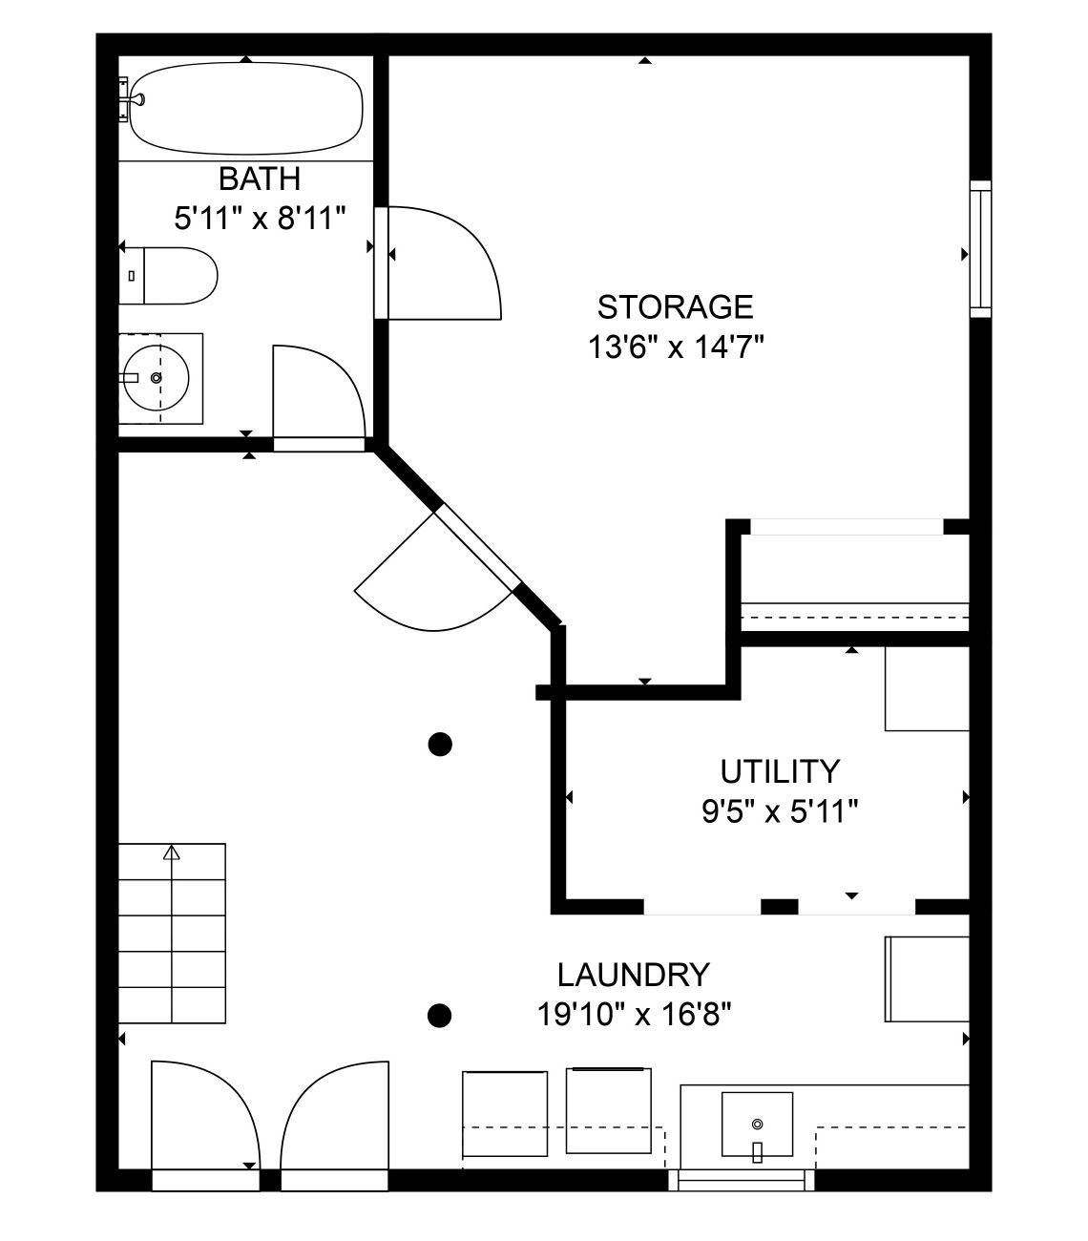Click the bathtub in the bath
click(245, 109)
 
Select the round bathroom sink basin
click(157, 378)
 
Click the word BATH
click(260, 179)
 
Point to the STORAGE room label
click(675, 306)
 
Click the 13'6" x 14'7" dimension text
click(676, 347)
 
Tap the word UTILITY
click(779, 771)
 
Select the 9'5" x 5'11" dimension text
click(779, 812)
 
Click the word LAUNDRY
click(634, 975)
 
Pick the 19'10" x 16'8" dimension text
click(634, 1015)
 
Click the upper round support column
click(440, 745)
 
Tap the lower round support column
click(439, 1016)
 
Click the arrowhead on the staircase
click(172, 852)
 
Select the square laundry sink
click(757, 1125)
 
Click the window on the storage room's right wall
click(980, 249)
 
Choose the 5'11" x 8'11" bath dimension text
click(260, 218)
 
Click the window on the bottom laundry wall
click(741, 1180)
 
